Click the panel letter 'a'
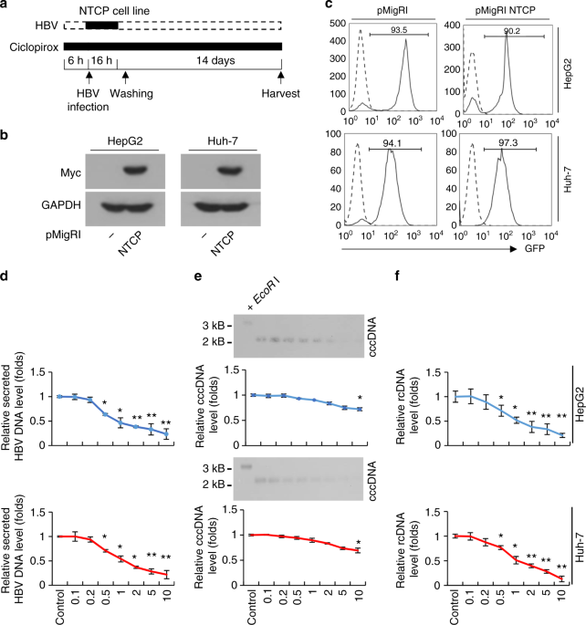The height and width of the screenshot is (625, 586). point(7,8)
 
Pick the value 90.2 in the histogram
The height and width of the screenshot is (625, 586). point(515,28)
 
